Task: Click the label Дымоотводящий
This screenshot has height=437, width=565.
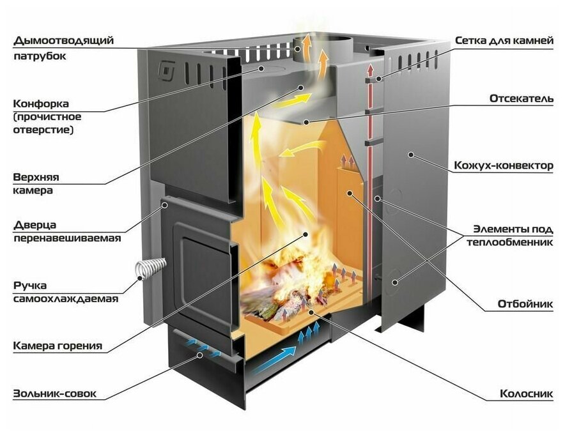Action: (63, 40)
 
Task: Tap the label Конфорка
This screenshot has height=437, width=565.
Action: (41, 103)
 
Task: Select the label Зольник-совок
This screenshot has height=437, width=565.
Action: (55, 394)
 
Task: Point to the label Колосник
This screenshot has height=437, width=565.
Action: (526, 394)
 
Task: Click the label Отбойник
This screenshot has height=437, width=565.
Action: (525, 303)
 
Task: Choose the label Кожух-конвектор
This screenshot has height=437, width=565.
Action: (503, 165)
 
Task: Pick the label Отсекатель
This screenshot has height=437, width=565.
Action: (522, 98)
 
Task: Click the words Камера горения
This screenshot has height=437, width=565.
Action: (58, 346)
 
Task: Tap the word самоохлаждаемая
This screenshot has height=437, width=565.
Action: (66, 299)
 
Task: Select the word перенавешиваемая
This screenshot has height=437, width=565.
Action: (67, 238)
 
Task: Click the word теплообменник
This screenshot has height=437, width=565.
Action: (510, 242)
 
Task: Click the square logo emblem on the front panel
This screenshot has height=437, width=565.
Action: (166, 72)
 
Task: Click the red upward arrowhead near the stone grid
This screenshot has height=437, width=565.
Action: (369, 69)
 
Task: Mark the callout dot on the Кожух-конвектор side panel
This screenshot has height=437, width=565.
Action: (410, 155)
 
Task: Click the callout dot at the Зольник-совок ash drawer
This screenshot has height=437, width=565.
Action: (199, 355)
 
